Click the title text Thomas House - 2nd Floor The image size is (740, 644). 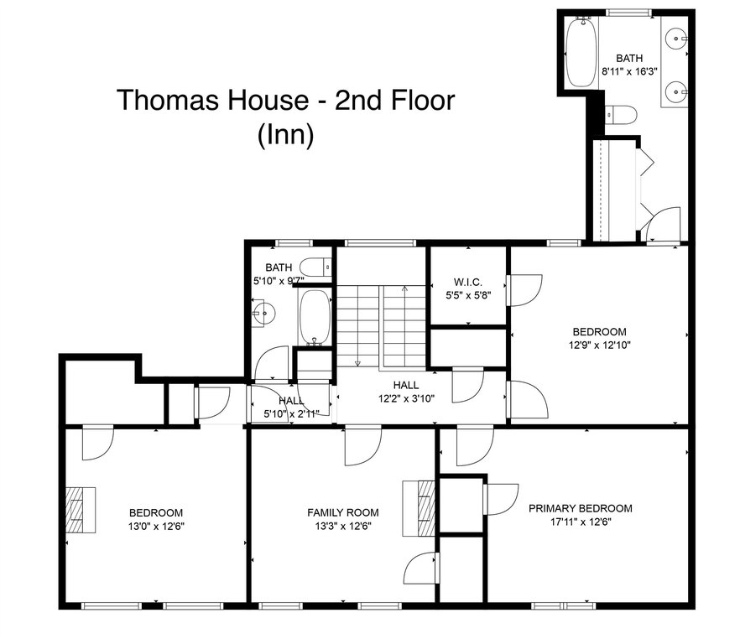[x=285, y=100]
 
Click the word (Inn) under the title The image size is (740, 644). [x=285, y=135]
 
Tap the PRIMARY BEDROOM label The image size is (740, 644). [x=581, y=508]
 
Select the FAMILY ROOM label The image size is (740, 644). [x=343, y=512]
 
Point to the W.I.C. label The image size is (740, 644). [x=468, y=282]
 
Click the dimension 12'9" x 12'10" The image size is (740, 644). [x=600, y=345]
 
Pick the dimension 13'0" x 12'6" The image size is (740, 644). [x=156, y=526]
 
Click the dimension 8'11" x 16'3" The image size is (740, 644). [x=629, y=72]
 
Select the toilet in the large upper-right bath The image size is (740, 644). [x=621, y=115]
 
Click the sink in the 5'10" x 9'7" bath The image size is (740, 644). [x=263, y=312]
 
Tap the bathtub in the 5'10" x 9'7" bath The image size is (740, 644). [x=315, y=317]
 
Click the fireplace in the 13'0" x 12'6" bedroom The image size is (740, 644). [x=81, y=510]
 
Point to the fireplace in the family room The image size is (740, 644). [x=418, y=508]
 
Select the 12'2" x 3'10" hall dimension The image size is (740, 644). [x=406, y=398]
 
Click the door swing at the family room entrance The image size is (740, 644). [x=363, y=445]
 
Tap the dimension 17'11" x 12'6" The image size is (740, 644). [x=581, y=522]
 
